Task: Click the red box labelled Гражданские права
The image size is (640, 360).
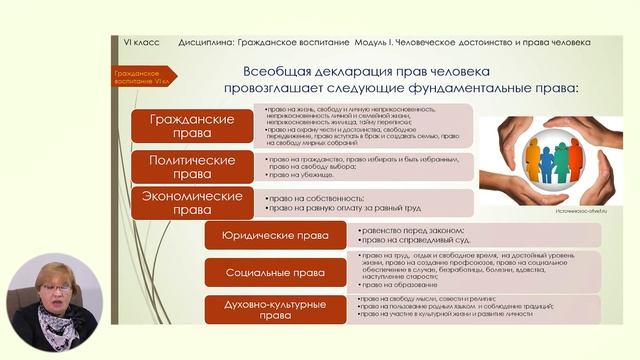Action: click(191, 126)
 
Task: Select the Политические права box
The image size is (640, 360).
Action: click(191, 166)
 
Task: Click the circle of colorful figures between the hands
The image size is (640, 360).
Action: click(548, 161)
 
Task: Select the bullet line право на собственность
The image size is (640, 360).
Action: click(311, 199)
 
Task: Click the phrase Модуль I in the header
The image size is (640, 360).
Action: click(375, 42)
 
